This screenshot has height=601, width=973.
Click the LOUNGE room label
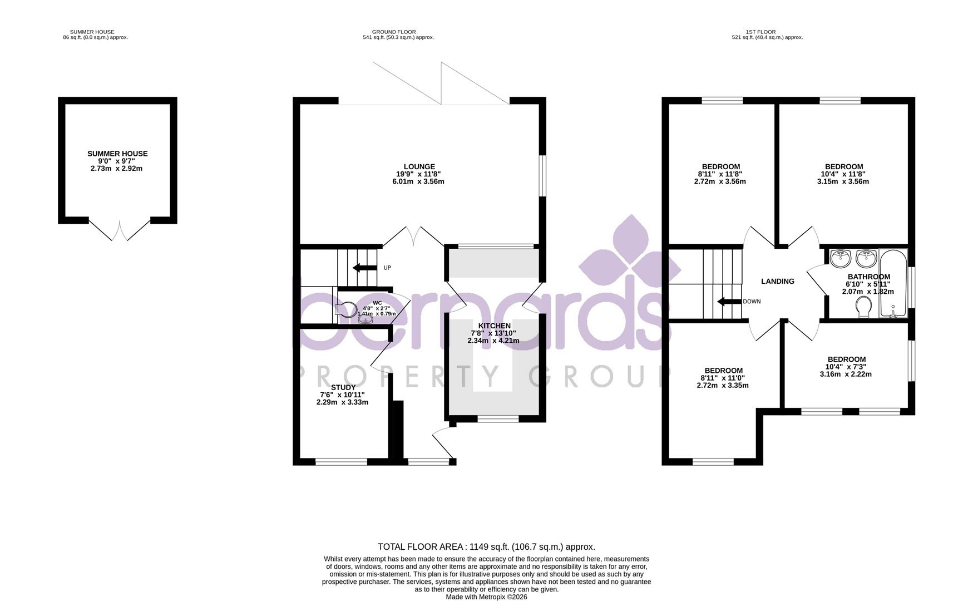(419, 166)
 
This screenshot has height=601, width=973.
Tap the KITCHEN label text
(494, 326)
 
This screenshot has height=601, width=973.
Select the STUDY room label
(343, 387)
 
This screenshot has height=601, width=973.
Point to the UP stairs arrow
(364, 268)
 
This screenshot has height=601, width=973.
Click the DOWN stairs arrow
(728, 302)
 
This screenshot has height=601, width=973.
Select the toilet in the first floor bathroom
(865, 307)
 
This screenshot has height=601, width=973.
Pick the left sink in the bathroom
(840, 258)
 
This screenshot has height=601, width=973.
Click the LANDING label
(778, 282)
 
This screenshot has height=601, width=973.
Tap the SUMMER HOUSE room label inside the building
(117, 154)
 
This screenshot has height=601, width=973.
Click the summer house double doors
(120, 230)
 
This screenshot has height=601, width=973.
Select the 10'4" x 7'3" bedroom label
(846, 367)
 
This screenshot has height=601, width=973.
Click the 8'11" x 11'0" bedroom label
(723, 378)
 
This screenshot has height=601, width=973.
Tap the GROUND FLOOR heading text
(394, 32)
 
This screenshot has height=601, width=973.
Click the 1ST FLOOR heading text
(761, 32)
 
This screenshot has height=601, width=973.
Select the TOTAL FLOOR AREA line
(487, 547)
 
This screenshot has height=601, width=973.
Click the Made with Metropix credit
(487, 597)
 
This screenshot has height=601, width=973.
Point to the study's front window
(341, 461)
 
